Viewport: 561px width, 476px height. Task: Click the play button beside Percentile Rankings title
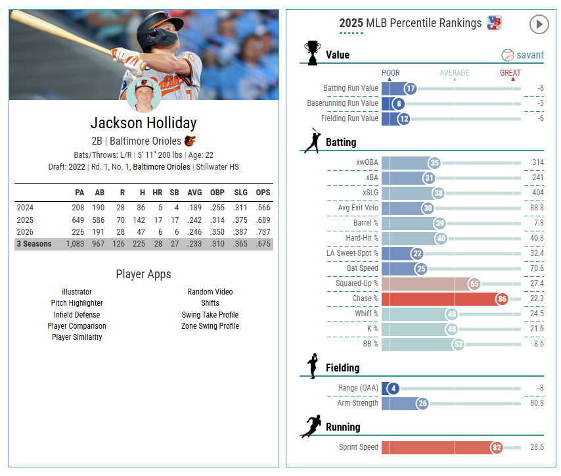tap(539, 24)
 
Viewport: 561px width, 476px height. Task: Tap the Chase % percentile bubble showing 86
tap(502, 298)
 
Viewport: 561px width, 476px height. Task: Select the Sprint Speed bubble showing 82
tap(497, 447)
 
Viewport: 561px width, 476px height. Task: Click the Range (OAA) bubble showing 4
tap(393, 389)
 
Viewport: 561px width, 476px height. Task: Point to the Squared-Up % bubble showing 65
tap(474, 283)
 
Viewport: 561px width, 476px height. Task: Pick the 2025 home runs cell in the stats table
tap(158, 220)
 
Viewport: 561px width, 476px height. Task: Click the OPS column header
tap(263, 193)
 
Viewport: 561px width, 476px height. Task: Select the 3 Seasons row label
tap(34, 244)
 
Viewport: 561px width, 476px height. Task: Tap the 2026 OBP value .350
tap(217, 232)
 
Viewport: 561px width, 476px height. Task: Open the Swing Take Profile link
tap(210, 315)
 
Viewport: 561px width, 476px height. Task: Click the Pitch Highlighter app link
tap(77, 303)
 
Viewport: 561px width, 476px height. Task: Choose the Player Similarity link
tap(77, 337)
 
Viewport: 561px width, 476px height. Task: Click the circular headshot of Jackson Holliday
tap(144, 95)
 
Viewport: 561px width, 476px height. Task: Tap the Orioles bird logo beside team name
tap(190, 141)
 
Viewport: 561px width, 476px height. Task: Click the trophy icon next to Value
tap(312, 53)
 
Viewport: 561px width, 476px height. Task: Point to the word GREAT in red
tap(510, 73)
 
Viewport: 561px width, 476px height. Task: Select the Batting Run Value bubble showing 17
tap(411, 89)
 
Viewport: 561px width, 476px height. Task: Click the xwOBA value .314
tap(537, 162)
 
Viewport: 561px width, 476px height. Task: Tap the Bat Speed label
tap(362, 268)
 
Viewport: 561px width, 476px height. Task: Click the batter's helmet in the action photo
tap(159, 30)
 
